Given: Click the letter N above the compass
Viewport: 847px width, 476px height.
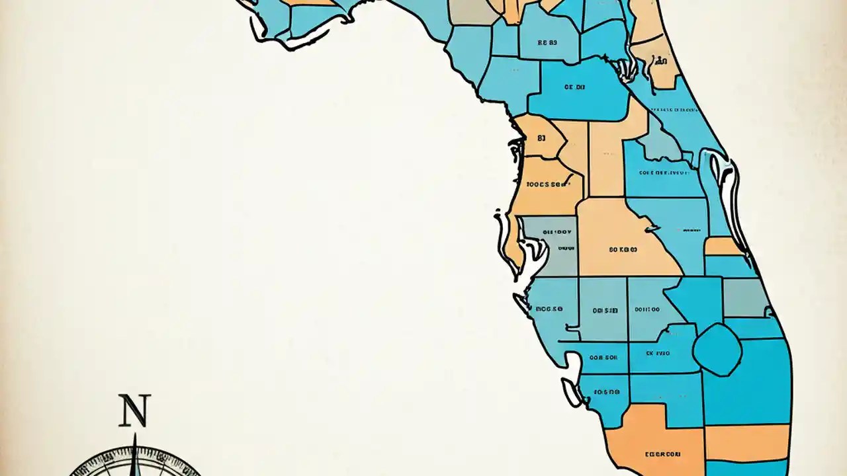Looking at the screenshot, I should pyautogui.click(x=134, y=411).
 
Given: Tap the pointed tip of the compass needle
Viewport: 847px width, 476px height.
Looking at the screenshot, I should pyautogui.click(x=134, y=436).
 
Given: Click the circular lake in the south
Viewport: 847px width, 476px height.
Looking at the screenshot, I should pyautogui.click(x=717, y=349).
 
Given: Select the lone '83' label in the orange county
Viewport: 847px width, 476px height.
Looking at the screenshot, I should pyautogui.click(x=541, y=139).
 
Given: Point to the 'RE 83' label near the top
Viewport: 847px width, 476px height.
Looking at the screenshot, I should pyautogui.click(x=547, y=42).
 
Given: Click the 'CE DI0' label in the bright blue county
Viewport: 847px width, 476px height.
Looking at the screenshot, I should pyautogui.click(x=574, y=87).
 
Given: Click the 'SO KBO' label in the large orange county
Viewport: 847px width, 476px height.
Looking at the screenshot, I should pyautogui.click(x=623, y=250).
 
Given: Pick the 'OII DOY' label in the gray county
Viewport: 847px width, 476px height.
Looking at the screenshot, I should pyautogui.click(x=557, y=233).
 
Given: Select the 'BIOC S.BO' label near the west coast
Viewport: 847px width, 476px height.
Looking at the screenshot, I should pyautogui.click(x=549, y=308).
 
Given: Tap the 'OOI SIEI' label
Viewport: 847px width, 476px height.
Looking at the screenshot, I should pyautogui.click(x=605, y=309).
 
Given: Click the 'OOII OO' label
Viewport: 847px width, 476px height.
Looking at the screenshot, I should pyautogui.click(x=646, y=309).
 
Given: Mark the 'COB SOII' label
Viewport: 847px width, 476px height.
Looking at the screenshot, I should pyautogui.click(x=603, y=358).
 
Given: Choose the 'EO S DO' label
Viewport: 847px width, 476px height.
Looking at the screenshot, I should pyautogui.click(x=605, y=391).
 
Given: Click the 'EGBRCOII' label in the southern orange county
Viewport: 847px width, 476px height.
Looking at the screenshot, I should pyautogui.click(x=662, y=454).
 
